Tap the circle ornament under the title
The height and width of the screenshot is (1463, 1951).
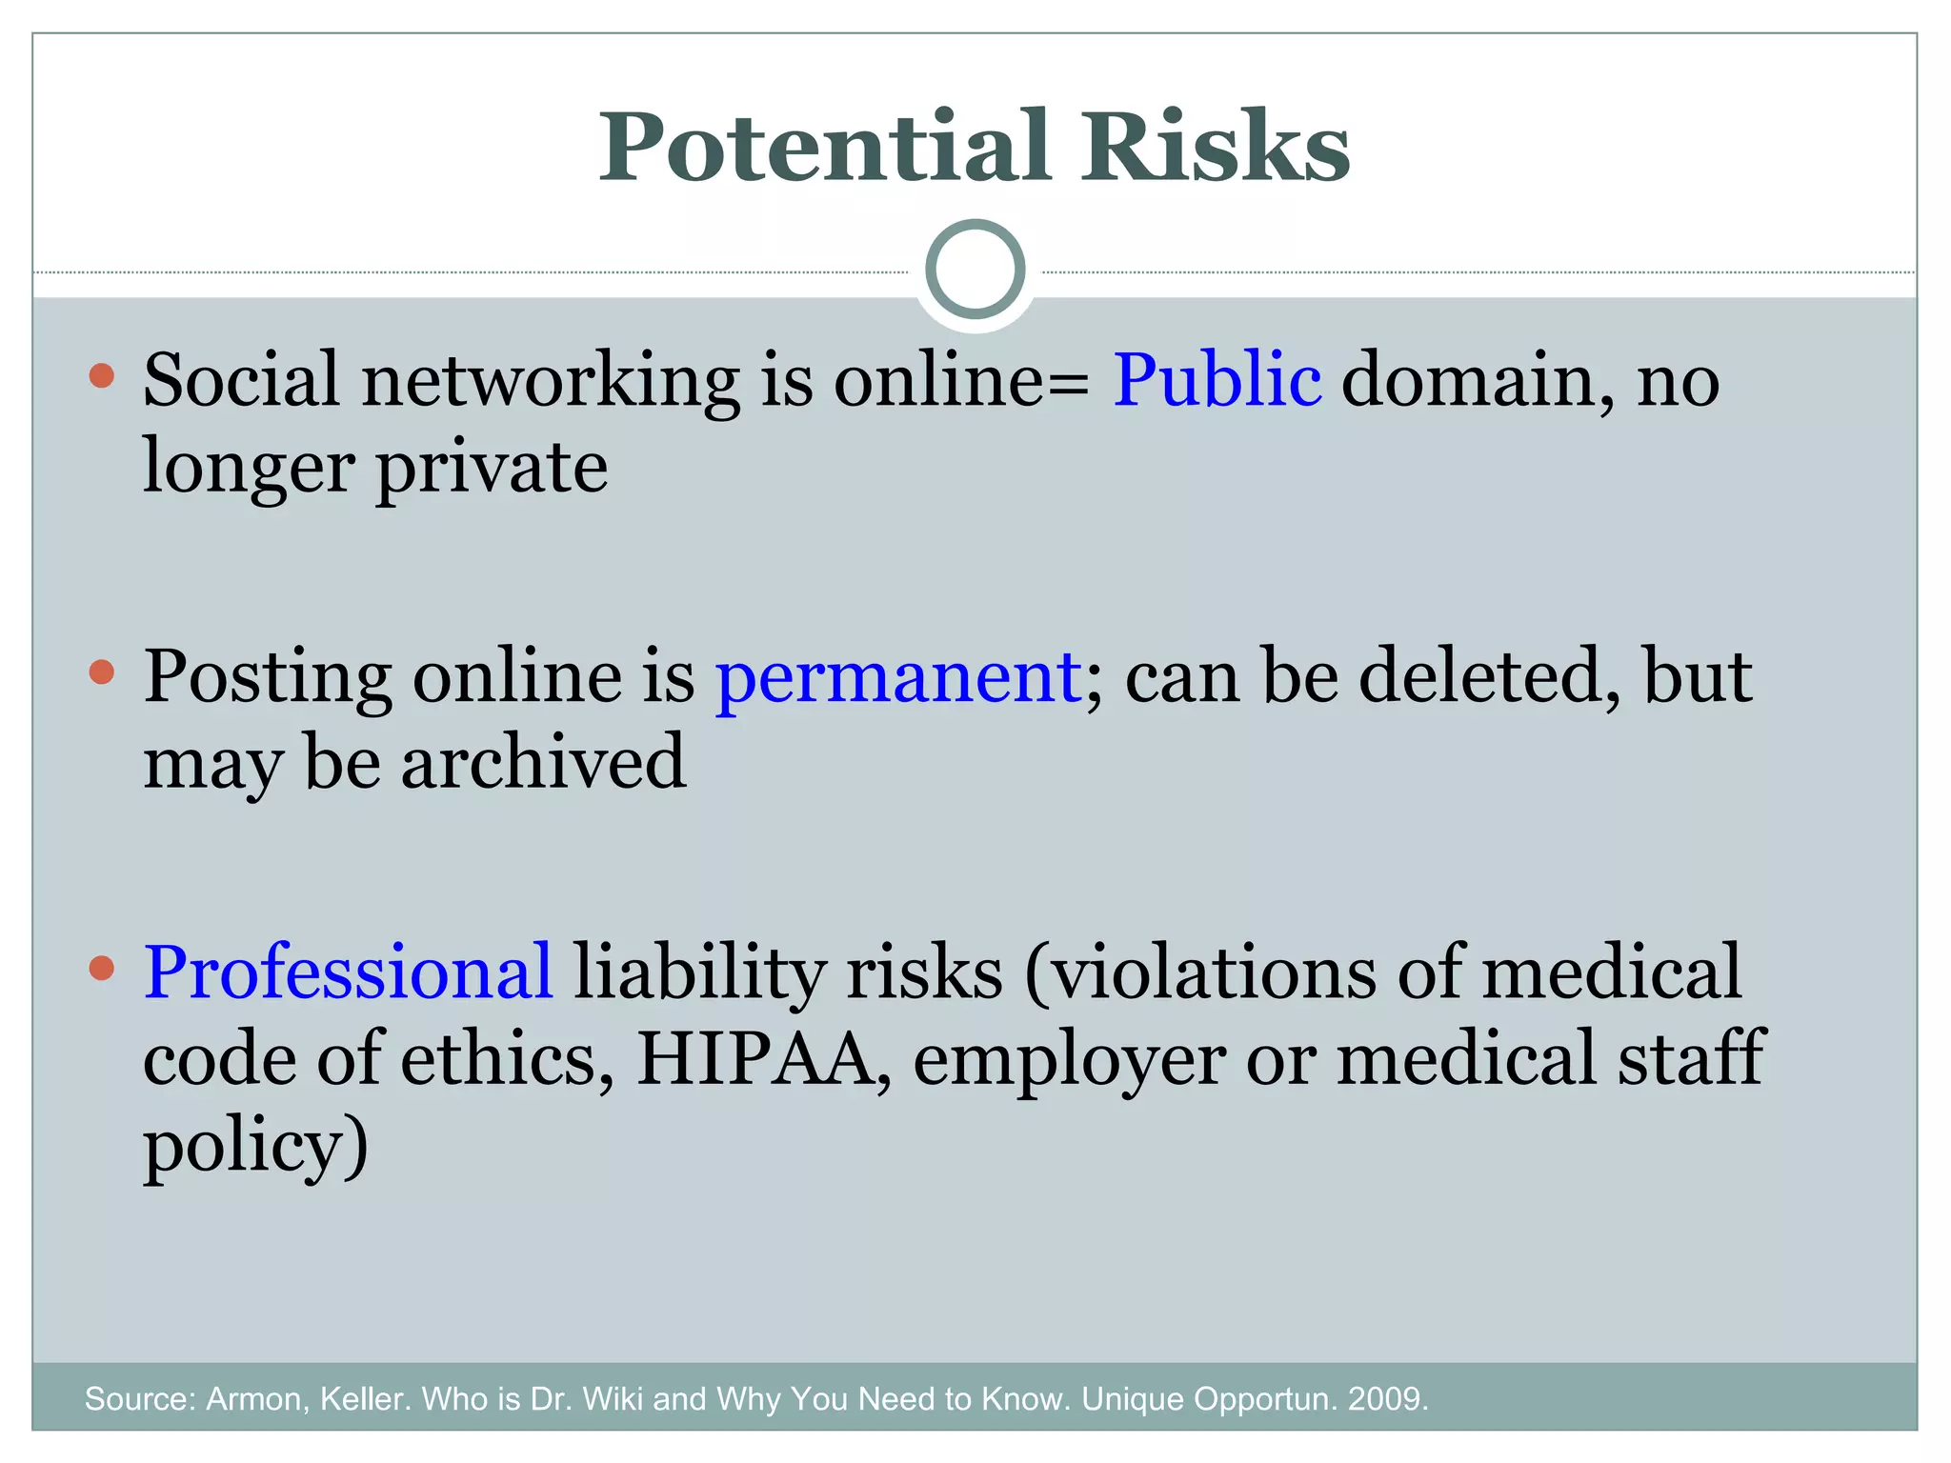click(975, 270)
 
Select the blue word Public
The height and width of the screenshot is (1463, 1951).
click(1217, 380)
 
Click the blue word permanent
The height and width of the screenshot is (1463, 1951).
click(898, 677)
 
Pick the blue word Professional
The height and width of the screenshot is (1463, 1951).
click(348, 972)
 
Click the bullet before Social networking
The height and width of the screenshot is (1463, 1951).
click(101, 375)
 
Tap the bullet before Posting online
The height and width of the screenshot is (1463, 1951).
click(101, 672)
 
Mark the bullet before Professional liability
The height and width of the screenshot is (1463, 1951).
click(101, 969)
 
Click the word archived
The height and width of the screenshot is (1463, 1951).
click(543, 763)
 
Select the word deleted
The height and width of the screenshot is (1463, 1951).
click(1488, 677)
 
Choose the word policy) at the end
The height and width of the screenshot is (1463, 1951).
click(255, 1147)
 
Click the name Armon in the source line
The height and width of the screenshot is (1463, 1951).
click(257, 1399)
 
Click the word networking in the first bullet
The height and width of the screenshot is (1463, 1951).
click(551, 380)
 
